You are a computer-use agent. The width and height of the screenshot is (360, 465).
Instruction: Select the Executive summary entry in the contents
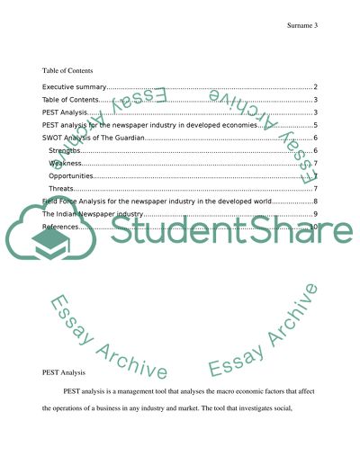[x=75, y=86]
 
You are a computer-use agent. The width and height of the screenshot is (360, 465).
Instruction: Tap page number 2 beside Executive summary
[x=314, y=86]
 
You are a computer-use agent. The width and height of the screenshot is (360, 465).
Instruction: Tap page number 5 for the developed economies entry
[x=314, y=125]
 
